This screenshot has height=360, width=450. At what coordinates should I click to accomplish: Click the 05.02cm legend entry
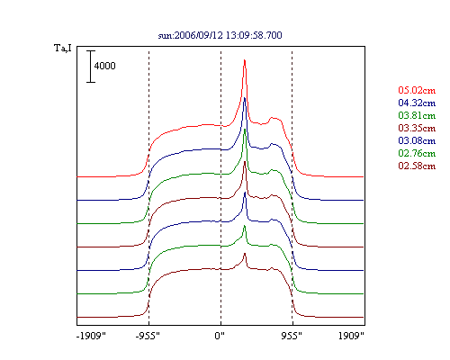[417, 90]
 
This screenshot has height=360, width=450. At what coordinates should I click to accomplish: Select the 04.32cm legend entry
[417, 103]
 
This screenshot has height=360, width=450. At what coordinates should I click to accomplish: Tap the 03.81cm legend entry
[417, 115]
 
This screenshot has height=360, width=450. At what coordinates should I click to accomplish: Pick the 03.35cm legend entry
[417, 128]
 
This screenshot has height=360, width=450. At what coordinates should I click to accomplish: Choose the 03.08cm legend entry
[417, 140]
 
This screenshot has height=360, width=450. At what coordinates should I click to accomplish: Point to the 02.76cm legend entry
[417, 153]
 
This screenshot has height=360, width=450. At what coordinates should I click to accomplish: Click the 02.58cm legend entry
[417, 166]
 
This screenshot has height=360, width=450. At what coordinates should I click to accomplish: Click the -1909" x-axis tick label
[91, 336]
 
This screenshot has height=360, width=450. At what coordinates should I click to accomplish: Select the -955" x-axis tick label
[148, 336]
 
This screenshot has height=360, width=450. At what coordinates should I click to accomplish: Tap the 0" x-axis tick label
[220, 336]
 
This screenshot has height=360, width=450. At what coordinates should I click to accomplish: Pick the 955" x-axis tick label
[292, 336]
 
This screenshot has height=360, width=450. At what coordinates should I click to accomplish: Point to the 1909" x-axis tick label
[351, 336]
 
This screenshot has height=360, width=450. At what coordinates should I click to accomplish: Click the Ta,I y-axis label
[63, 48]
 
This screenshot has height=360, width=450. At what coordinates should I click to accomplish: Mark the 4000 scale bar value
[104, 66]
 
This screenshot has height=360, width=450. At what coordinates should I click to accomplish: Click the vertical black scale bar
[91, 67]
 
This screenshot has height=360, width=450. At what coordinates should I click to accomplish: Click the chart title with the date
[220, 35]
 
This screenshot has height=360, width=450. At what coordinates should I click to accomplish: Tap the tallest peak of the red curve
[245, 60]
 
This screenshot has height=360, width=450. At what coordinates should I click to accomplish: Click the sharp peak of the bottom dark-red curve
[245, 254]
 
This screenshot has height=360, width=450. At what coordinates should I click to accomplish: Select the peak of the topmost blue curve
[245, 98]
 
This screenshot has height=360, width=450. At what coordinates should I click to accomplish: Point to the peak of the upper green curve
[245, 130]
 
